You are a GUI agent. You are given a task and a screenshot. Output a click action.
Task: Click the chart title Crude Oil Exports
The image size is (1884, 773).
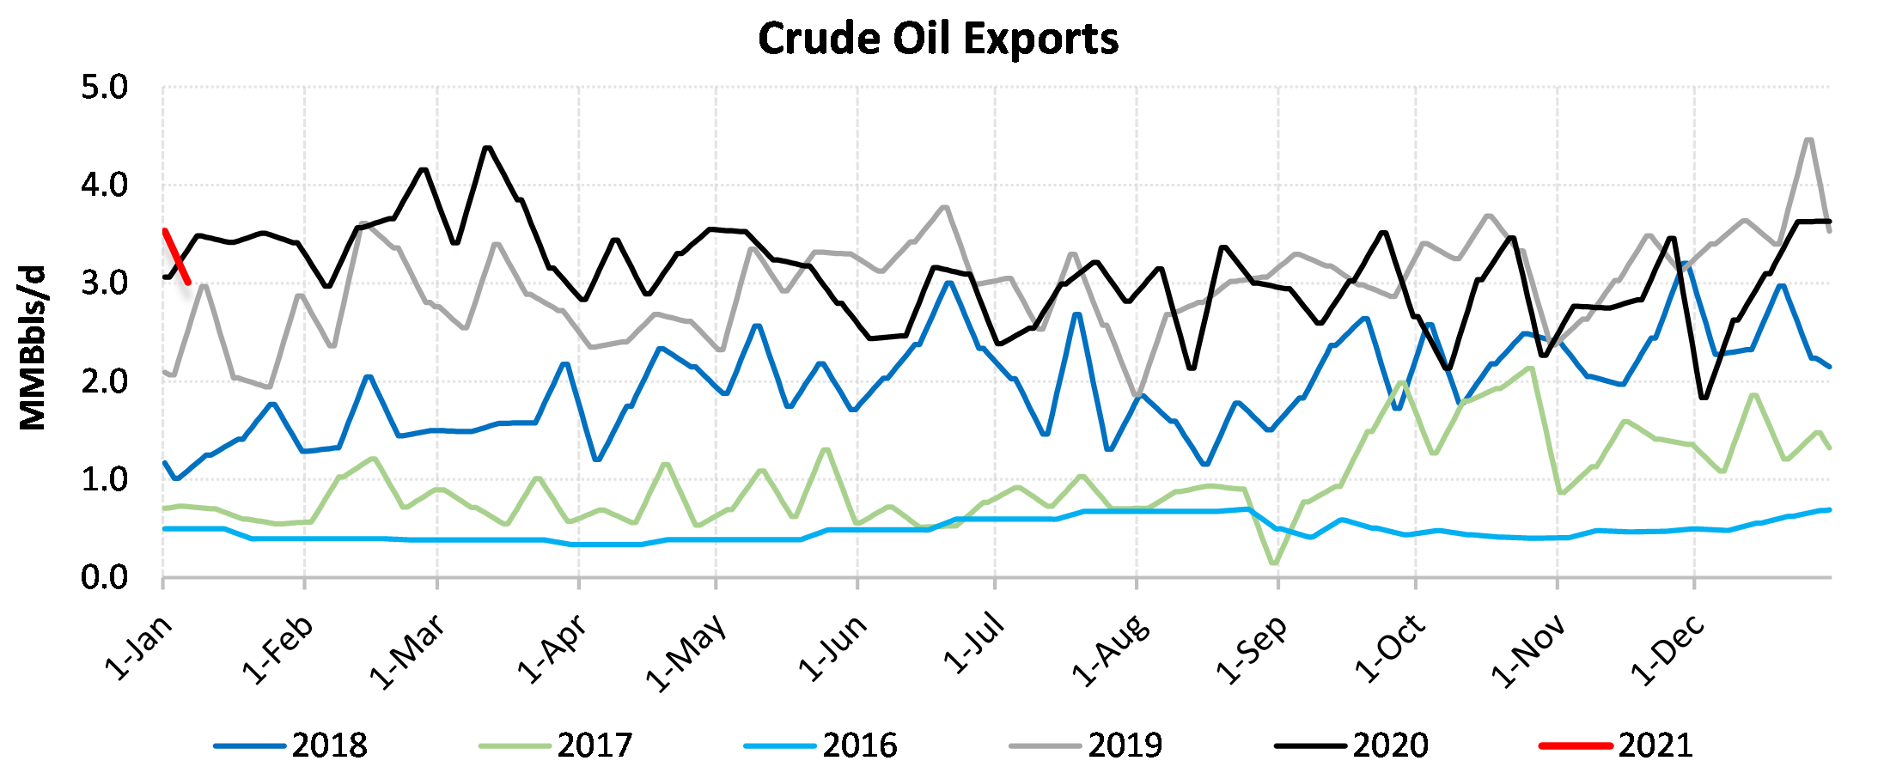[x=938, y=39]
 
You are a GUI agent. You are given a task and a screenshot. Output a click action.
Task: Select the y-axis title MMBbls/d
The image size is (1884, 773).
[x=33, y=347]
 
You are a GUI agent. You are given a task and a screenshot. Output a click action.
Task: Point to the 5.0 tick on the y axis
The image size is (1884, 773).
[x=104, y=88]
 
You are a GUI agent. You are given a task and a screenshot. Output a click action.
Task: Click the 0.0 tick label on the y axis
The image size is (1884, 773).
[x=104, y=578]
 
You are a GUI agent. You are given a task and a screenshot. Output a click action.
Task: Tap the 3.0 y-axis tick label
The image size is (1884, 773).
[x=104, y=283]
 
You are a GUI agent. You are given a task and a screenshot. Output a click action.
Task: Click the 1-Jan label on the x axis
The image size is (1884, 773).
[x=139, y=648]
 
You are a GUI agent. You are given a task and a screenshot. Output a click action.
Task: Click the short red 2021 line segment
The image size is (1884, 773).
[x=176, y=256]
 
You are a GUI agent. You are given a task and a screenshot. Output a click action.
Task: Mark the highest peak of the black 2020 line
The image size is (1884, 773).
[x=488, y=148]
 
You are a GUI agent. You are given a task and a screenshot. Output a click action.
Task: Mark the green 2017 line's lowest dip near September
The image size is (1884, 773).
[x=1274, y=563]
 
